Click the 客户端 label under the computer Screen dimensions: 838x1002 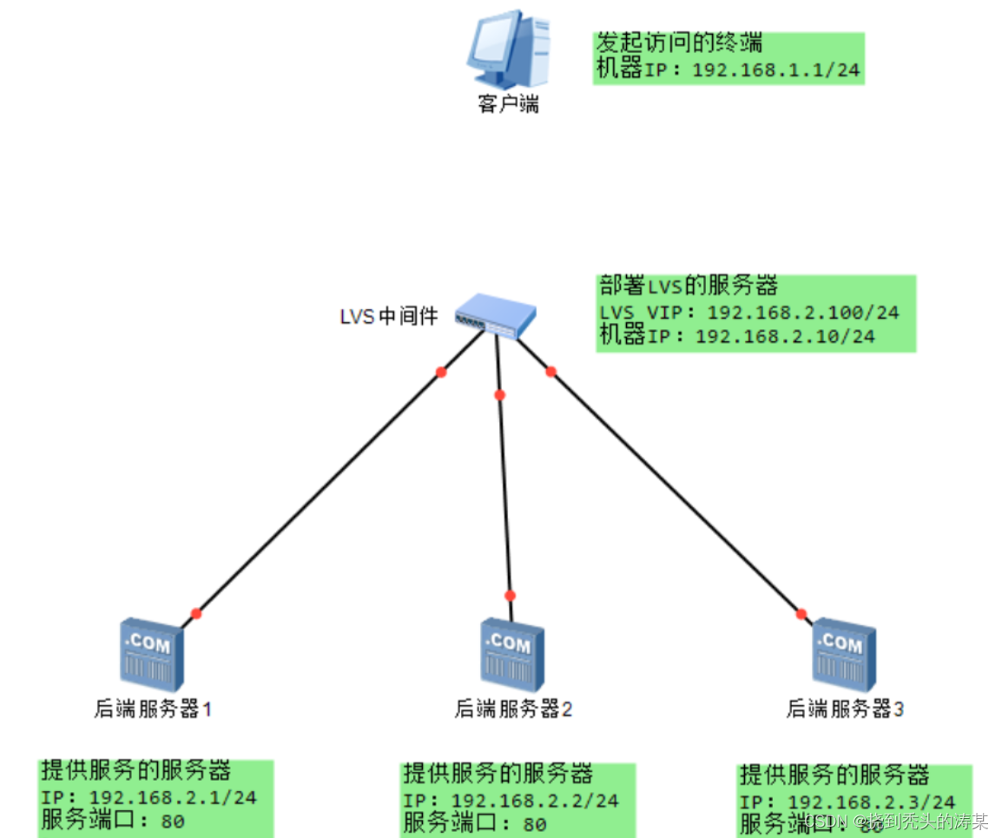508,104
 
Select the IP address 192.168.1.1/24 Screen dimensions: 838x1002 776,70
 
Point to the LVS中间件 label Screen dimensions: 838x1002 389,316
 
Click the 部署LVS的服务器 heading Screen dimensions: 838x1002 688,285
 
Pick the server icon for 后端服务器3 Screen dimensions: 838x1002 843,653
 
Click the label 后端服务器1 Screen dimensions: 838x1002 154,709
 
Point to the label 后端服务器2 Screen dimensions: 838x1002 513,709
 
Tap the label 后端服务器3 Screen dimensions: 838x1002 845,709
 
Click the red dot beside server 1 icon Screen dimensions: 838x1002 196,614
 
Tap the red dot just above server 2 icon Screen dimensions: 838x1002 510,596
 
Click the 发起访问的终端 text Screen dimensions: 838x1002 679,43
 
